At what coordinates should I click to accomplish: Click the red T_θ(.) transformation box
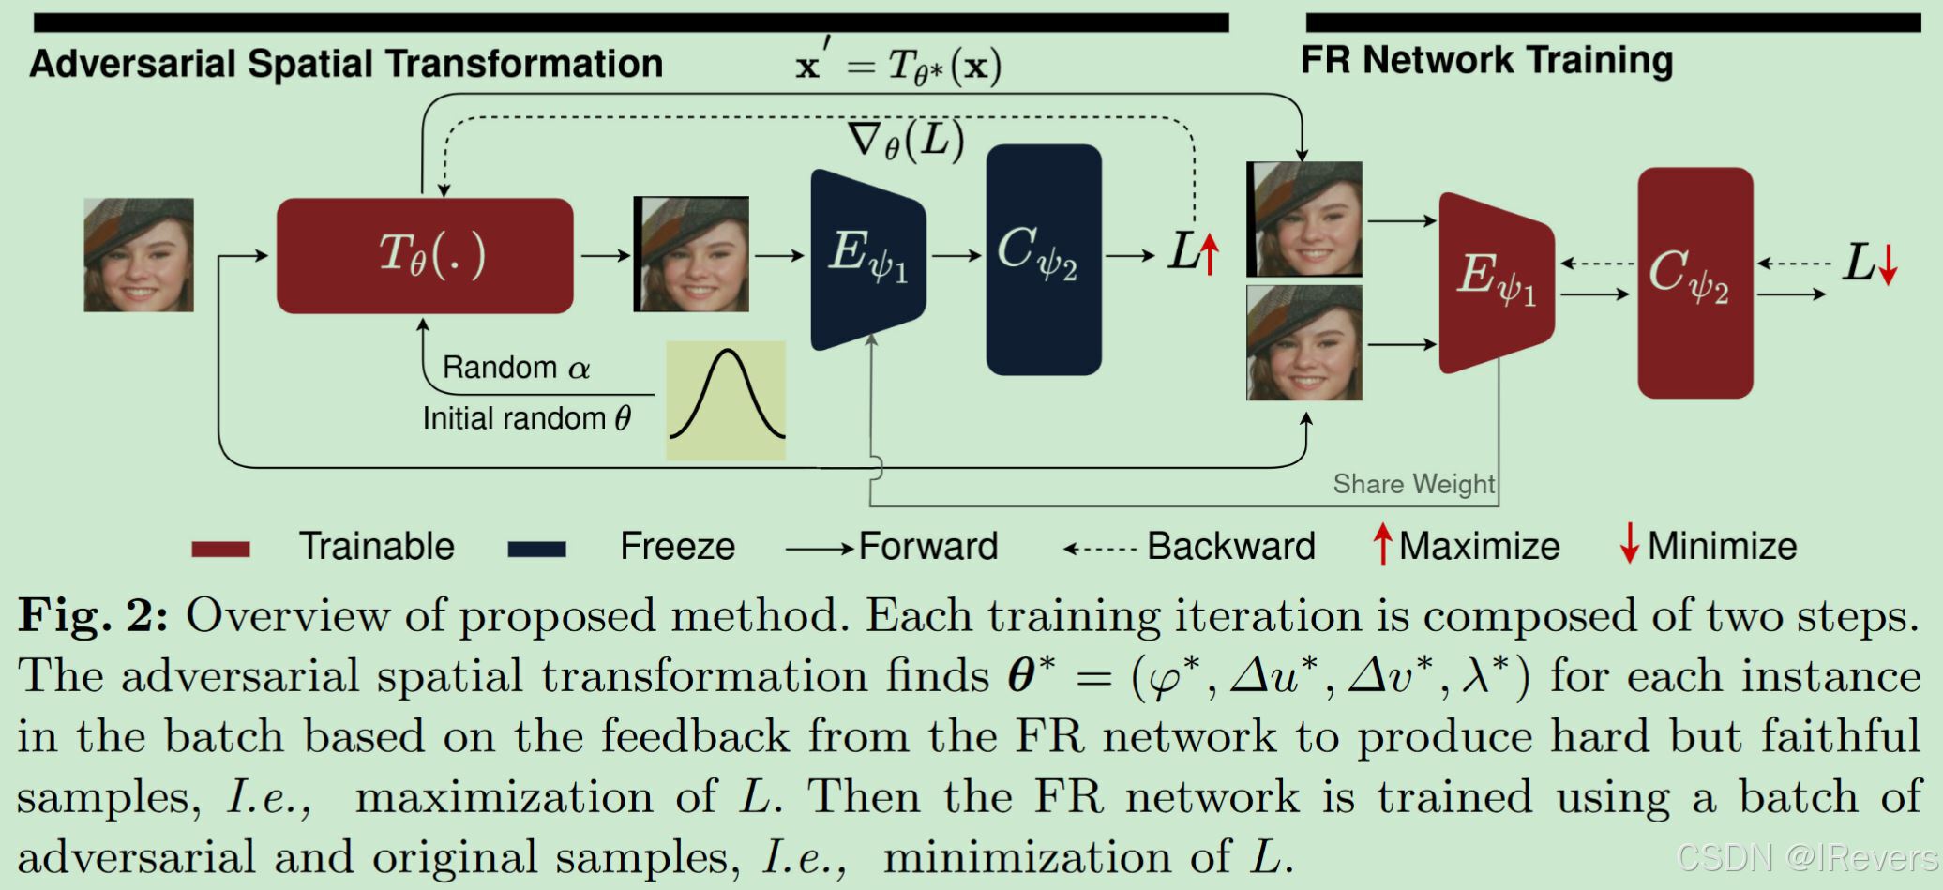425,255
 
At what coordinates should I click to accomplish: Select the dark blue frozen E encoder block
867,259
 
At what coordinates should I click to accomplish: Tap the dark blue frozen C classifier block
1043,259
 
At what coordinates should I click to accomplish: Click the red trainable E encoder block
1496,282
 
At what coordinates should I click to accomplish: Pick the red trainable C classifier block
1694,282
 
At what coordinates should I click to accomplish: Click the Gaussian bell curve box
726,400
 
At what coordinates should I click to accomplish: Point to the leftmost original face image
139,254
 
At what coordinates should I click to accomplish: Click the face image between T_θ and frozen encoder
691,253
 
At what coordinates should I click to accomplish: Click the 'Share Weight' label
1413,484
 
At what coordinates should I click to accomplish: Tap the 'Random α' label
516,367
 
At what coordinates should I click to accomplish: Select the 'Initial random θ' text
526,418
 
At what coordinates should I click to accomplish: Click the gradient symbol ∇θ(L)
906,142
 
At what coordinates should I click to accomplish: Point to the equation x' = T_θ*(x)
898,66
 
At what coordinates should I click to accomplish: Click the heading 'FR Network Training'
1486,60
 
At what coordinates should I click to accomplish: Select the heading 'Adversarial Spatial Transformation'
346,64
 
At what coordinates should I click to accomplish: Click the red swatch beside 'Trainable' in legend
220,549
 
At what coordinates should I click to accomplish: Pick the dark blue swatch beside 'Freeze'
536,549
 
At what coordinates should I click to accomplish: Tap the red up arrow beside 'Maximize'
1382,544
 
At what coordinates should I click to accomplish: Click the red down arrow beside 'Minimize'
1630,544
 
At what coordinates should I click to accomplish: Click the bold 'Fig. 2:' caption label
93,616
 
